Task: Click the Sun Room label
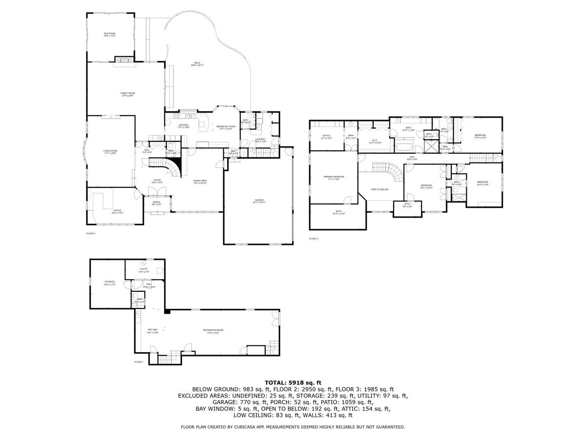109,35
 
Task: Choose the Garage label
259,201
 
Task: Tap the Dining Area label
200,181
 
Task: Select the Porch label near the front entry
156,203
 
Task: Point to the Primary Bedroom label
334,178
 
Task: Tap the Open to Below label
379,189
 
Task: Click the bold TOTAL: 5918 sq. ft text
293,382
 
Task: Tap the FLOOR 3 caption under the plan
314,239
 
